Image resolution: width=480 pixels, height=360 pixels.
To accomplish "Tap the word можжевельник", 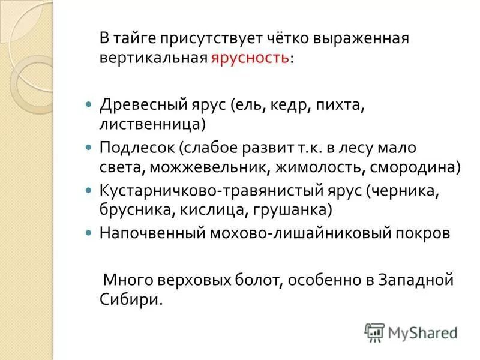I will (208, 167).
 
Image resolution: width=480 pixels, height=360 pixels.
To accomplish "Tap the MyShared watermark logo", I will (412, 332).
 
